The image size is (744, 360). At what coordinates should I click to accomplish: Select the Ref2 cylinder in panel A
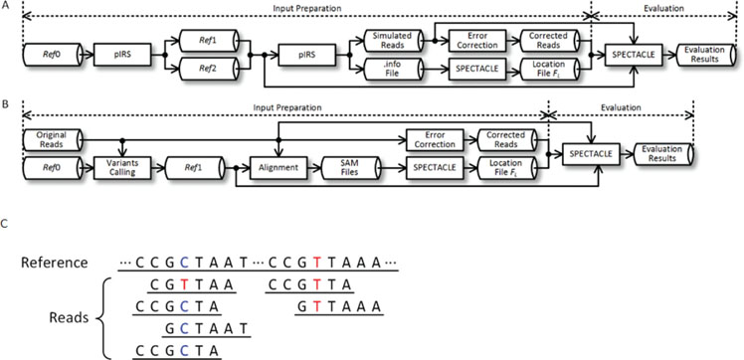coord(210,69)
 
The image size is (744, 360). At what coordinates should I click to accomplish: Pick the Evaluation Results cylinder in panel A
coord(708,53)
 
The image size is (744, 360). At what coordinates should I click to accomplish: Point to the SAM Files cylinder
coord(356,167)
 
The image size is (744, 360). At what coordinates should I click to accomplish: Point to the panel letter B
coord(7,101)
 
